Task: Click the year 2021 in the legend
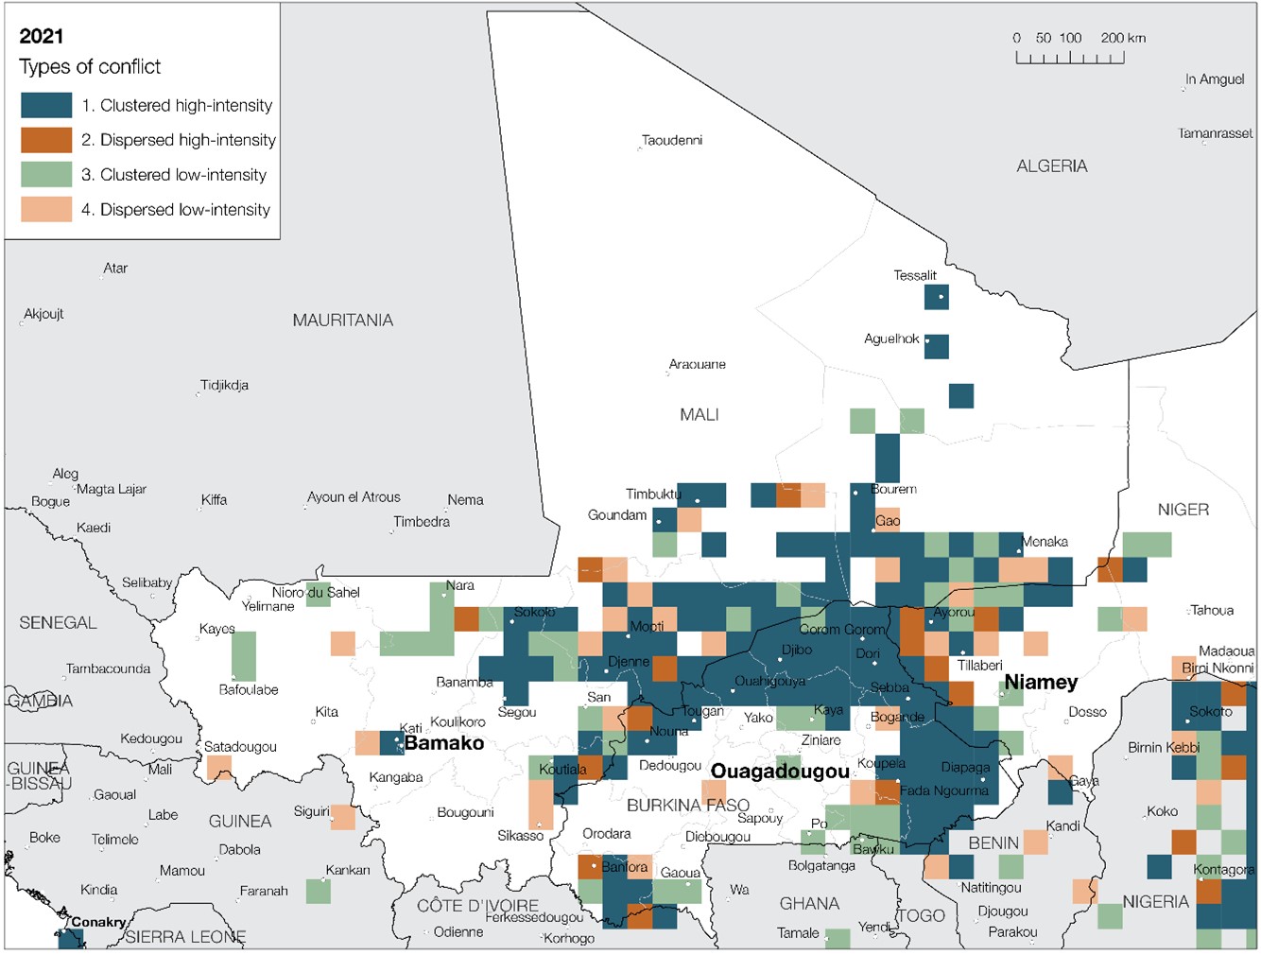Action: pyautogui.click(x=42, y=37)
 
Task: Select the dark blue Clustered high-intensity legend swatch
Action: pyautogui.click(x=46, y=105)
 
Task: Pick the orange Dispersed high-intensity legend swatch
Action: pyautogui.click(x=46, y=140)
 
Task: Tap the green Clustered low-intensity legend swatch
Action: pyautogui.click(x=46, y=175)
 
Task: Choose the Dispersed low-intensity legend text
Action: pyautogui.click(x=184, y=210)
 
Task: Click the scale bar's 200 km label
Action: pyautogui.click(x=1122, y=38)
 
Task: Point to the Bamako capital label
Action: pyautogui.click(x=443, y=743)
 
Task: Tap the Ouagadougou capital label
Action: pyautogui.click(x=780, y=772)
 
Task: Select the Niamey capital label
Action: pyautogui.click(x=1041, y=682)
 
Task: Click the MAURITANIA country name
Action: pyautogui.click(x=342, y=321)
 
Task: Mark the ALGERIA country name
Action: pyautogui.click(x=1051, y=166)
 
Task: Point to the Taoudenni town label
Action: pyautogui.click(x=671, y=141)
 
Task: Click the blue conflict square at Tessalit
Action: pyautogui.click(x=936, y=297)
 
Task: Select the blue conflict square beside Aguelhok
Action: pyautogui.click(x=936, y=346)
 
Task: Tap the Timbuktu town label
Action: pyautogui.click(x=652, y=495)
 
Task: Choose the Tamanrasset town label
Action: pyautogui.click(x=1215, y=133)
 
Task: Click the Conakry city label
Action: pyautogui.click(x=98, y=922)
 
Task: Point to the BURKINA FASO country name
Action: pyautogui.click(x=687, y=806)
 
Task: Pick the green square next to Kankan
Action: pyautogui.click(x=318, y=891)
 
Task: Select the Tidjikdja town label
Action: pyautogui.click(x=224, y=386)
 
